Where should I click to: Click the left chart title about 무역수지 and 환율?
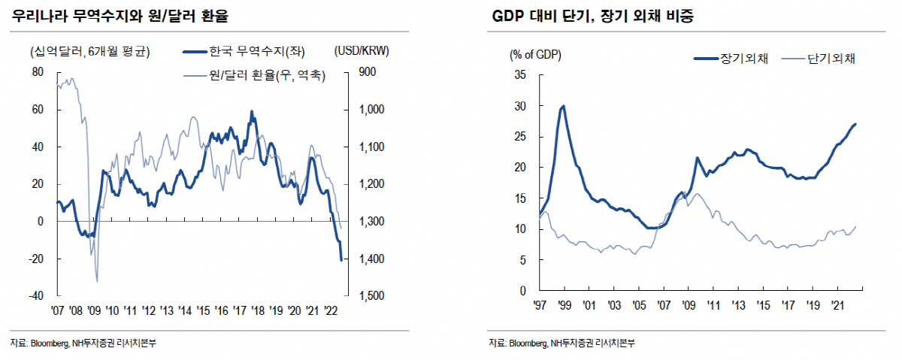coord(120,16)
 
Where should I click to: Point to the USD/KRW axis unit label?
coord(366,51)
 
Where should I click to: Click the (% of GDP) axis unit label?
coord(534,55)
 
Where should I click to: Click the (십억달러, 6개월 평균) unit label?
coord(89,51)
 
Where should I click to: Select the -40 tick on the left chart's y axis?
coord(35,296)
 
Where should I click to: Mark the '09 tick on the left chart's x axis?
coord(94,310)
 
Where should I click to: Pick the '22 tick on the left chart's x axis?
coord(331,310)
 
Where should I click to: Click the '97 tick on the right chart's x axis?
coord(539,305)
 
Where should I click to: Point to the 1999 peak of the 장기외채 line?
coord(562,106)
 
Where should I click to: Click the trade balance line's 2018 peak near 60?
coord(251,112)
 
